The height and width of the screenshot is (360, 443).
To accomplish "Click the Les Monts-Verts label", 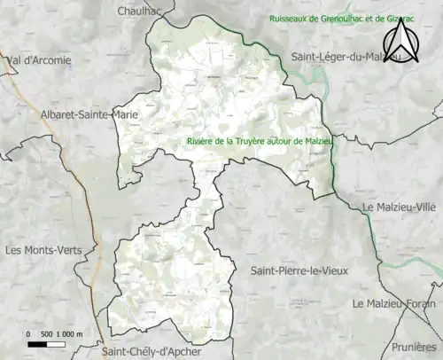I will [x=43, y=250].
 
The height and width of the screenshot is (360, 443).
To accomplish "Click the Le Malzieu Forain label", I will [x=394, y=303].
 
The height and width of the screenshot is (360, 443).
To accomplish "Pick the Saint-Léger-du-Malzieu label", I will [x=346, y=57].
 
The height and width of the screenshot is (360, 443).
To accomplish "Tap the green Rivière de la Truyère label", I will [x=257, y=140].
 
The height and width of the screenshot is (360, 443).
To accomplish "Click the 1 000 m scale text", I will [x=68, y=333].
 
